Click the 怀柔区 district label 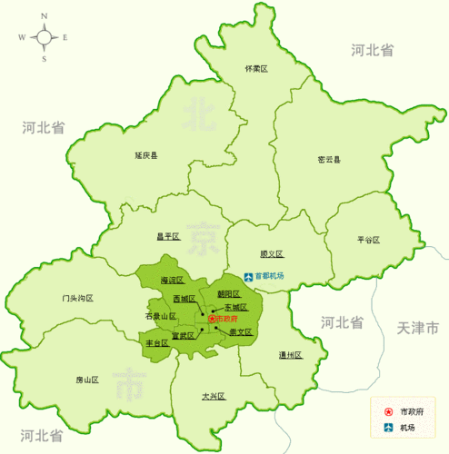click(257, 69)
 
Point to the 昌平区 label click(168, 236)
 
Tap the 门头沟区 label click(78, 298)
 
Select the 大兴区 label click(213, 396)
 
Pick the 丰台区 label click(157, 343)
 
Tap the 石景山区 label click(160, 316)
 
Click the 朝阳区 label click(229, 293)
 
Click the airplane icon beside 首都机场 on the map click(248, 276)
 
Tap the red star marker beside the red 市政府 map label click(212, 320)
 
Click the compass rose click(43, 37)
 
